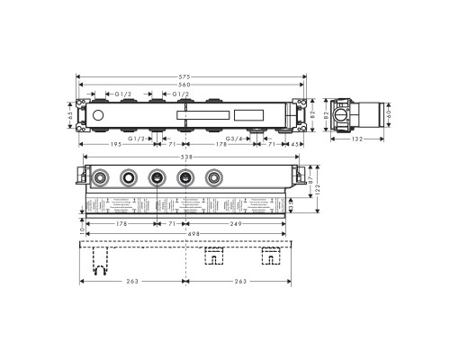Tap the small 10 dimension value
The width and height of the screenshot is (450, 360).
tap(80, 232)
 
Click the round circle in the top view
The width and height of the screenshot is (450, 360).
tap(98, 115)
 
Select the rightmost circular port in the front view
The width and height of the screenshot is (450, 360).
tap(213, 177)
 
